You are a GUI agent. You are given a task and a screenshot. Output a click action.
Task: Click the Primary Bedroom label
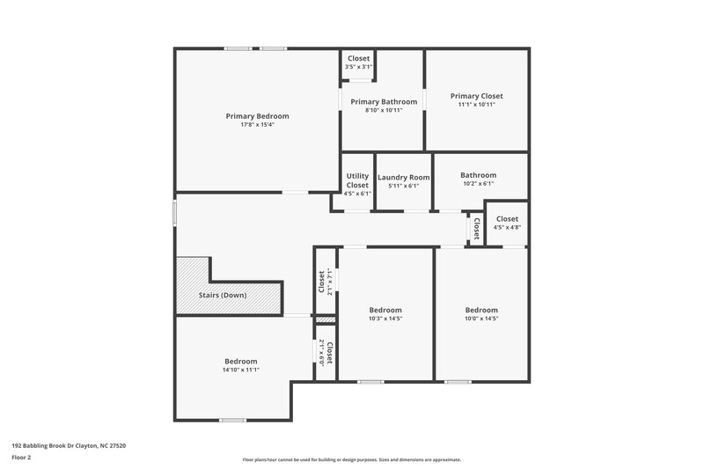click(x=257, y=116)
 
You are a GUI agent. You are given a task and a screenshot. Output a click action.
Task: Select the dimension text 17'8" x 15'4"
click(x=257, y=125)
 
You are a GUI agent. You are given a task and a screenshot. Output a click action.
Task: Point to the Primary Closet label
click(x=476, y=96)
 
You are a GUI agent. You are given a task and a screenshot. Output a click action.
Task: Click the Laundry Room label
click(x=404, y=177)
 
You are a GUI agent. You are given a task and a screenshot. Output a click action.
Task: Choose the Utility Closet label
click(x=357, y=180)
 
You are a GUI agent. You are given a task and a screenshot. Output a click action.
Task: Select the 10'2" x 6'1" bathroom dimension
click(x=478, y=184)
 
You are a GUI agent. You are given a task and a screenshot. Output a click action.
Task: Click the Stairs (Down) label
click(x=221, y=295)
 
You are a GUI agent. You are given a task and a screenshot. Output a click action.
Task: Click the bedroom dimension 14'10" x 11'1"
click(x=240, y=370)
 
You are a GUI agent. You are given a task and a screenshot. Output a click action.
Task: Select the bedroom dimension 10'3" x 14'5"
click(x=385, y=319)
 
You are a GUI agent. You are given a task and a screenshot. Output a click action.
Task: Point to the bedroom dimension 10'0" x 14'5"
click(x=481, y=319)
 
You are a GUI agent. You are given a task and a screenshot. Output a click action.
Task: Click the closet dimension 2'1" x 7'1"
click(x=330, y=282)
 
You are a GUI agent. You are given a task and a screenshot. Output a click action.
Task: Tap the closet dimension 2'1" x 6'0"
click(x=319, y=353)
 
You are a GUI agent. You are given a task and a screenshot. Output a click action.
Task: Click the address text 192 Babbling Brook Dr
click(x=69, y=446)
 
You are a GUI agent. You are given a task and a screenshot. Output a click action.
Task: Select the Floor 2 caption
click(x=22, y=458)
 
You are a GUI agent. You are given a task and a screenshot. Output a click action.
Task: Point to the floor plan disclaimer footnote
click(x=351, y=459)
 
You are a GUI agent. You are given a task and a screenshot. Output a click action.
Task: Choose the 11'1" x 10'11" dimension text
click(x=476, y=105)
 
